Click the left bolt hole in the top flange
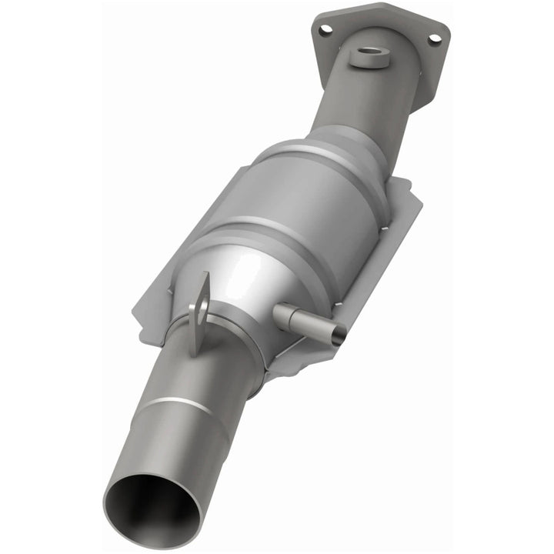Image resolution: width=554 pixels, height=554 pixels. click(x=326, y=30)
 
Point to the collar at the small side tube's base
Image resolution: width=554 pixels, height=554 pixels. click(x=282, y=312)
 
